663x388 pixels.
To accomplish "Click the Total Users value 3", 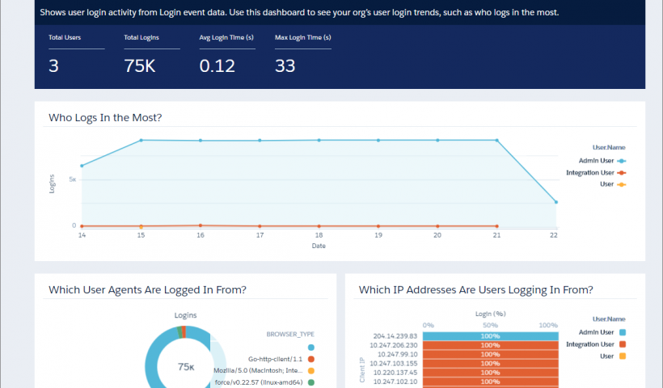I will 53,66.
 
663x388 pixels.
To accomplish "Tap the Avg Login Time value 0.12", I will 217,66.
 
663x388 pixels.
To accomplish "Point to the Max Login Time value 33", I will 285,66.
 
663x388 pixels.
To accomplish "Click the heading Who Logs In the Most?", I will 105,118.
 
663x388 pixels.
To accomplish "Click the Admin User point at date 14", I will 82,166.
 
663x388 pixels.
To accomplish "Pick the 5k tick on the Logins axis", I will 72,179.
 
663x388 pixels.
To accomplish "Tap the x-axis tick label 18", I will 319,236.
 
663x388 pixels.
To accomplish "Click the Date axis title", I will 319,246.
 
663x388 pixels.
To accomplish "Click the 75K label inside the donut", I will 187,366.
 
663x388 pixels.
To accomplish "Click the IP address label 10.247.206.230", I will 396,344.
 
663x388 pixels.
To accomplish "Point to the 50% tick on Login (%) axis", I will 491,324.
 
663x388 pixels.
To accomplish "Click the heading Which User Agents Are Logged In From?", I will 147,289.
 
